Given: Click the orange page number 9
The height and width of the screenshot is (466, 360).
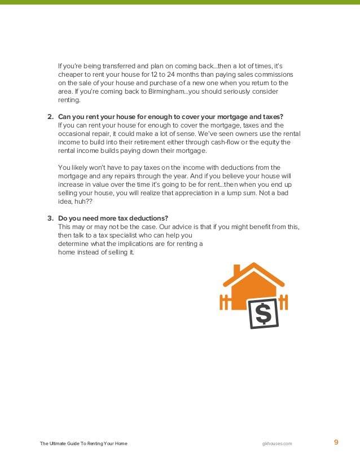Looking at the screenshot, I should point(336,442).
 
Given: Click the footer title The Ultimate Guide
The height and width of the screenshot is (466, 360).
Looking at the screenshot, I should point(84,443).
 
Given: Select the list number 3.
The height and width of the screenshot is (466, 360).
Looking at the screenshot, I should point(50,218).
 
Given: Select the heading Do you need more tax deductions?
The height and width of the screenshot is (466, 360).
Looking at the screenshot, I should point(113,218).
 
